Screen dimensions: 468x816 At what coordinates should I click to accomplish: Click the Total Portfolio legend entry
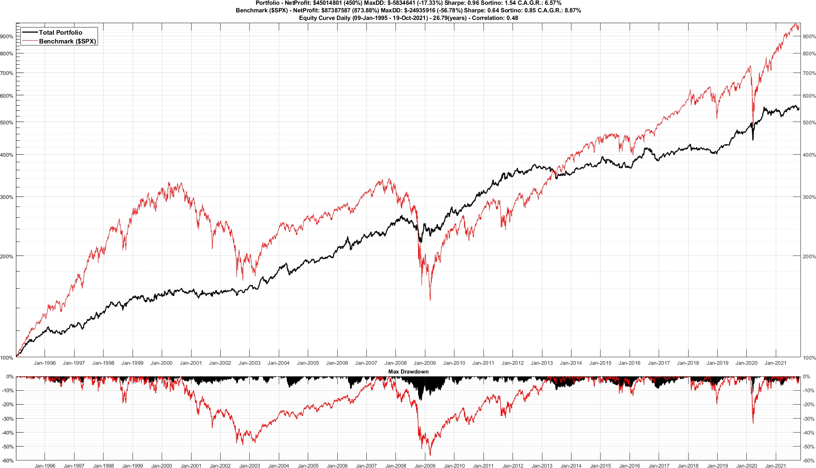coord(60,33)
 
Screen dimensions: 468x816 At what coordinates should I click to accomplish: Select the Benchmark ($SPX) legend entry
coord(67,41)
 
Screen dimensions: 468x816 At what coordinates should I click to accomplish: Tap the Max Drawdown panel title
coord(408,372)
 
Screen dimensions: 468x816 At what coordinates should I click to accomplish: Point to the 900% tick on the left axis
coord(7,36)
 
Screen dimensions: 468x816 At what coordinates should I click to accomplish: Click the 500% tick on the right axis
coord(809,122)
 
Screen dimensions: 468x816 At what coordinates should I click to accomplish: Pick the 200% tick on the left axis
coord(7,256)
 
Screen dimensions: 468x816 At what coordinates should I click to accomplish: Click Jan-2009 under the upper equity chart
coord(425,363)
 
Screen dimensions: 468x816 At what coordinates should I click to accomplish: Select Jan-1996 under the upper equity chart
coord(45,363)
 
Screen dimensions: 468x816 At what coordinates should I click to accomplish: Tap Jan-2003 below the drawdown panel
coord(249,465)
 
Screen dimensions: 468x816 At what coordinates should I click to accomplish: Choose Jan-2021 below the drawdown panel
coord(775,465)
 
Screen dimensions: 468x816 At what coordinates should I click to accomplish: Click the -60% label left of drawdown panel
coord(8,461)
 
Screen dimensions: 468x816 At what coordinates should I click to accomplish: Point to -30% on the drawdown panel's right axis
coord(808,419)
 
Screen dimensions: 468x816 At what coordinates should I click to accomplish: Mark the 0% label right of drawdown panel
coord(806,377)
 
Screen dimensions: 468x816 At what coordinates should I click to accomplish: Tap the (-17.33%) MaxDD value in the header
coord(429,3)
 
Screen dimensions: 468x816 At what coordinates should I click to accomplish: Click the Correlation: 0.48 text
coord(495,18)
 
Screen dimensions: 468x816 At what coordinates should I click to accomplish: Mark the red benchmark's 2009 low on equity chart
coord(430,300)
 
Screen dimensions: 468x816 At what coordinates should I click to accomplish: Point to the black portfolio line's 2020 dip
coord(753,140)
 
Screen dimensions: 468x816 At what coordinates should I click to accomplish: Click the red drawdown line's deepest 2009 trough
coord(430,455)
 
